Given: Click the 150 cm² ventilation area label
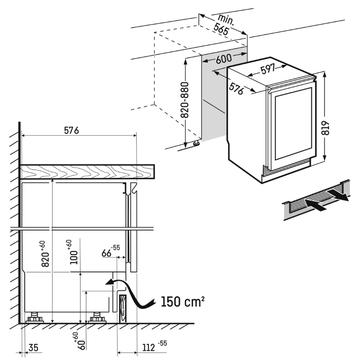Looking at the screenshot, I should click(x=182, y=302).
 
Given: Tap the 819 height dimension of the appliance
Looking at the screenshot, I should click(x=326, y=129).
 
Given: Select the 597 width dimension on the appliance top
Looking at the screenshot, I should click(x=268, y=69).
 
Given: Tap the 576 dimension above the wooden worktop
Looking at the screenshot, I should click(x=72, y=131).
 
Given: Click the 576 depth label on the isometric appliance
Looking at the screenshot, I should click(x=236, y=88).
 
